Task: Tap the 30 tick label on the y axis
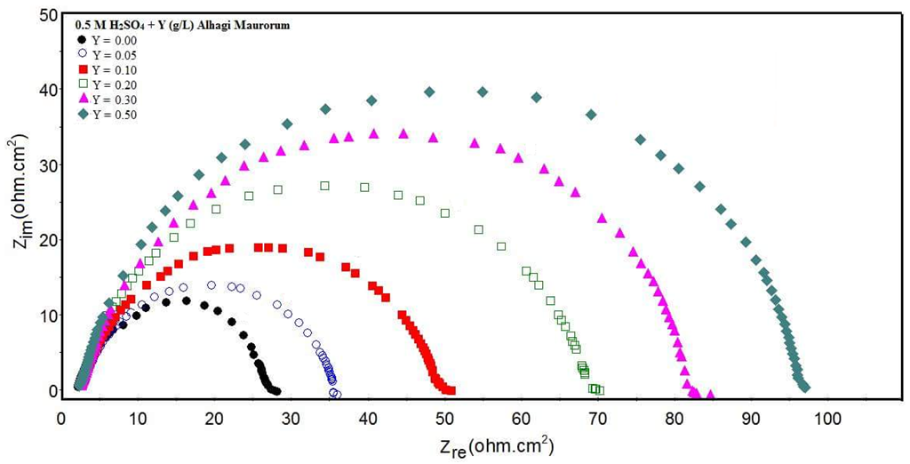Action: point(39,165)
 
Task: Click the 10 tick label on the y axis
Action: point(39,316)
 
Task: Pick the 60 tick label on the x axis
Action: point(522,417)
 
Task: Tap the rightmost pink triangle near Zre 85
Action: point(710,394)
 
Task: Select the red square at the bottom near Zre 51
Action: point(451,389)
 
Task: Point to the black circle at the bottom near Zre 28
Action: point(276,390)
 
